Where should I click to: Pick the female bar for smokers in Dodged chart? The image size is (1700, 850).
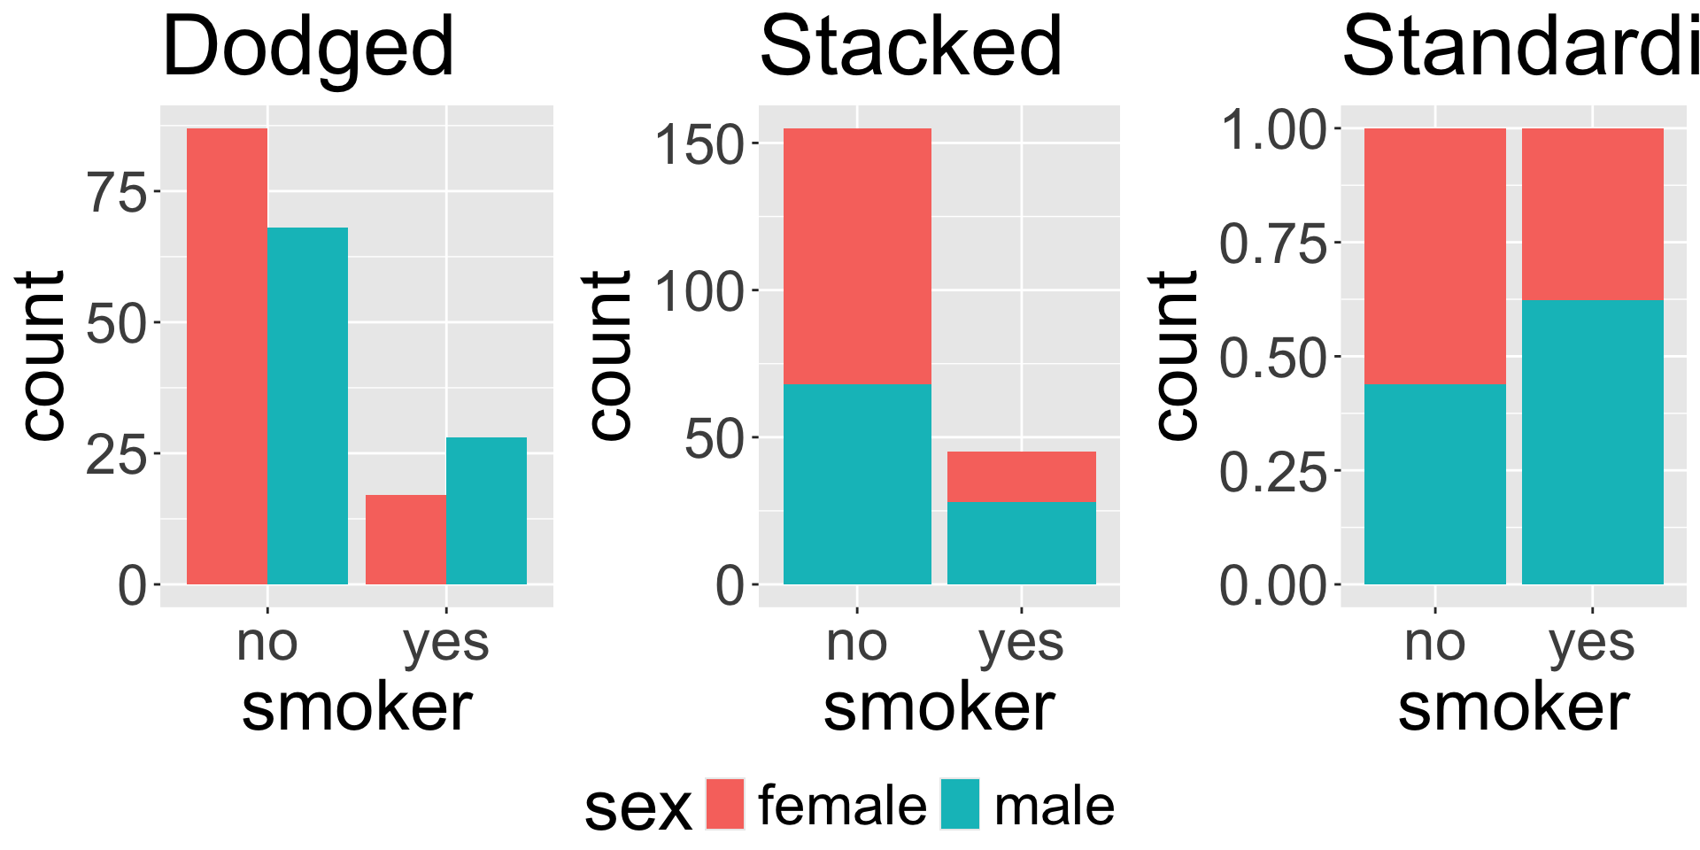406,539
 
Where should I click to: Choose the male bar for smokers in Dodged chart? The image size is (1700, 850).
486,510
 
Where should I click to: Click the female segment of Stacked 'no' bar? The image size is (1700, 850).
857,256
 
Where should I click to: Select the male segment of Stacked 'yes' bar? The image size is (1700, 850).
1021,543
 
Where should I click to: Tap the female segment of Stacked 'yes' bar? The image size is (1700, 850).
1021,476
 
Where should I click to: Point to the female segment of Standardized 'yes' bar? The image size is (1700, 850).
1592,214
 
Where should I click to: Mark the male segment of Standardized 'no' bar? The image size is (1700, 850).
1434,483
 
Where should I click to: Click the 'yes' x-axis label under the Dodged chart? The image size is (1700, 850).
445,642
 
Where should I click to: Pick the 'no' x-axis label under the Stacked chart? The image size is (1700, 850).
856,642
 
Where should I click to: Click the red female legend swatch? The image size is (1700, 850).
725,804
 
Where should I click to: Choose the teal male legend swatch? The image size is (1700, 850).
960,804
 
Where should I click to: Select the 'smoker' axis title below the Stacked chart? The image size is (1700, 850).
939,707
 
